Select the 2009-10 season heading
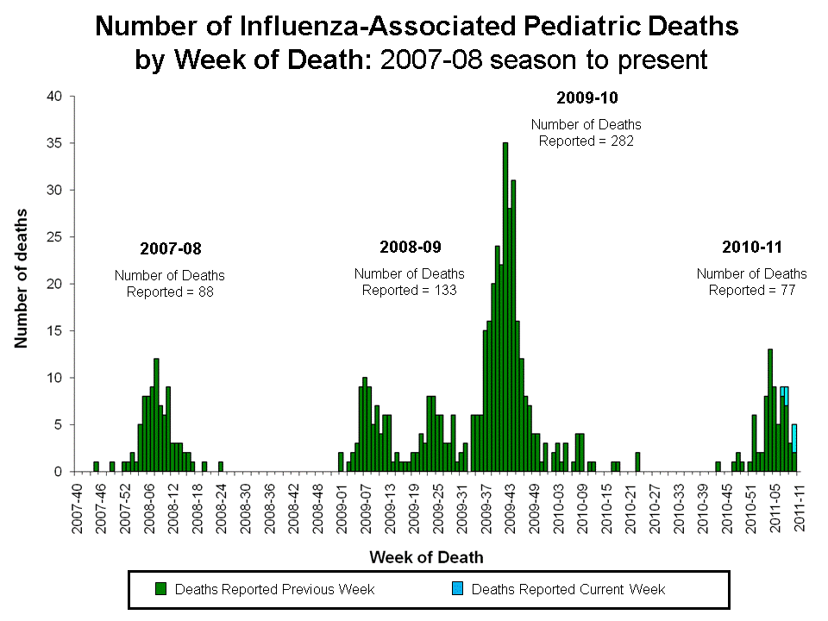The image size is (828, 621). (x=586, y=97)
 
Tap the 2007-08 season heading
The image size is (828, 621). (x=170, y=248)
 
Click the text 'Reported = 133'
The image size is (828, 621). (x=409, y=290)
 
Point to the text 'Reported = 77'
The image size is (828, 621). (x=751, y=290)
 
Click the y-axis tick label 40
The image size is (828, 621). (x=55, y=96)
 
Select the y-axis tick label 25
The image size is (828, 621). (x=55, y=237)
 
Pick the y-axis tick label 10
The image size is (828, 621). (x=55, y=378)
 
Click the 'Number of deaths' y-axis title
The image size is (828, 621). (x=20, y=278)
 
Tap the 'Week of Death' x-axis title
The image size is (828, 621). (x=426, y=557)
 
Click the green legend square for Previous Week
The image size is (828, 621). (x=160, y=589)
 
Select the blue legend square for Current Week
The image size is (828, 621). (x=457, y=589)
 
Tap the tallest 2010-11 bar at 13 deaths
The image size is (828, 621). (x=770, y=411)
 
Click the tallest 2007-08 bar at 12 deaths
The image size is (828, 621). (x=156, y=415)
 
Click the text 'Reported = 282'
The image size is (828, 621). (x=586, y=141)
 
